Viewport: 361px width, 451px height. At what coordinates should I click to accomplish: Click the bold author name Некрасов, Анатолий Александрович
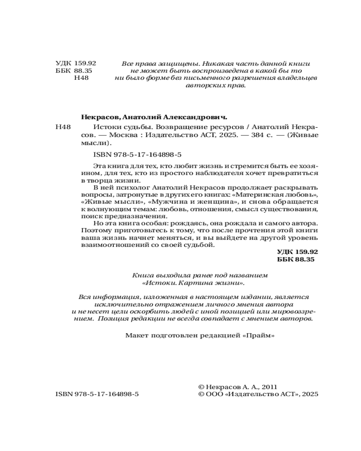click(154, 116)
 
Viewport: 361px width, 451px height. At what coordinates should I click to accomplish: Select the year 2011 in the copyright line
click(268, 387)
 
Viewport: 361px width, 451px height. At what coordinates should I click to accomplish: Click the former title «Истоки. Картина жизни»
click(194, 283)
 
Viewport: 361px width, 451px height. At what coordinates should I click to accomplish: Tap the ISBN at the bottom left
click(97, 394)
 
